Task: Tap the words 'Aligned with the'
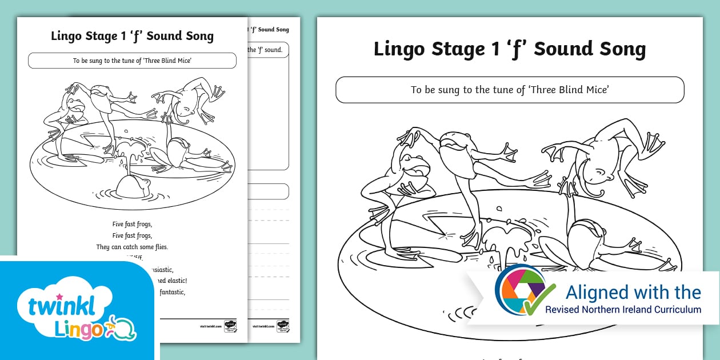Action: pyautogui.click(x=633, y=293)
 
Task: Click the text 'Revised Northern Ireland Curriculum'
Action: pyautogui.click(x=623, y=309)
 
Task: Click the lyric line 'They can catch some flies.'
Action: pyautogui.click(x=132, y=247)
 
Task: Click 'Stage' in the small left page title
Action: pyautogui.click(x=94, y=36)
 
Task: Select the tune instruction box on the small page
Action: pyautogui.click(x=132, y=61)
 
